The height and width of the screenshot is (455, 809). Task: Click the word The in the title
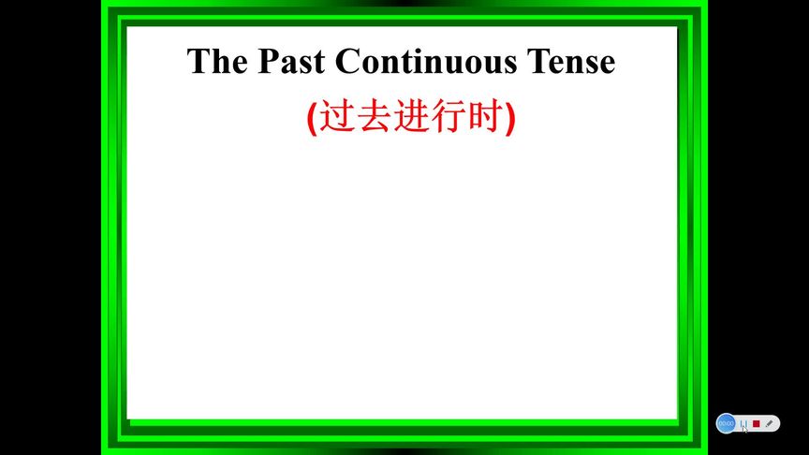point(217,62)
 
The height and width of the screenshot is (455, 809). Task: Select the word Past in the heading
point(291,62)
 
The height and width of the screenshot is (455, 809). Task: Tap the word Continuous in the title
point(426,62)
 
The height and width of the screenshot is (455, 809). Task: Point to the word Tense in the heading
point(571,62)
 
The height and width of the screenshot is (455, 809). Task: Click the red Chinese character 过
point(337,116)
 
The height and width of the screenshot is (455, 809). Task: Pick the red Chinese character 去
point(375,116)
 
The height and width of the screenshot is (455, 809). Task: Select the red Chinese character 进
point(412,116)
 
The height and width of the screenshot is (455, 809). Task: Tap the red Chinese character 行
point(449,116)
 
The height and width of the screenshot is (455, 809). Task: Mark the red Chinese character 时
point(486,116)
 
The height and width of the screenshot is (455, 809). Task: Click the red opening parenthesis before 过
point(312,118)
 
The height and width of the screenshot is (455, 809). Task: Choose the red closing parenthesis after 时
point(510,118)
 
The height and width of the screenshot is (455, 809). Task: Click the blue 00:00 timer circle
point(726,423)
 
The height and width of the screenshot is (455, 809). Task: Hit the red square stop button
point(757,423)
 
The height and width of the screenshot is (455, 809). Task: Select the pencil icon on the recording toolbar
point(770,423)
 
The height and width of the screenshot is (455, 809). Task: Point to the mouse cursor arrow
point(744,429)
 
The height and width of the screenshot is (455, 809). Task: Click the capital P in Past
point(268,62)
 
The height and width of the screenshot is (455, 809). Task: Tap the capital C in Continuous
point(346,62)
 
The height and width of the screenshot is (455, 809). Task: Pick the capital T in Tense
point(538,62)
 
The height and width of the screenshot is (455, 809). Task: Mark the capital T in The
point(198,62)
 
